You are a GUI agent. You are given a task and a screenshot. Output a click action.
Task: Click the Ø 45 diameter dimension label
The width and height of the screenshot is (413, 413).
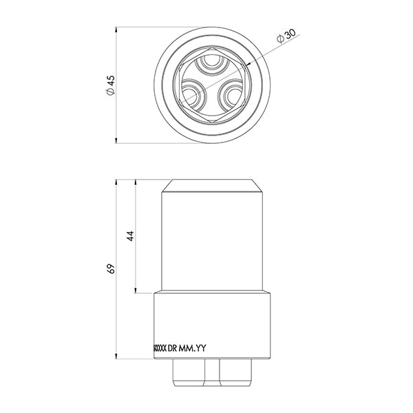(110, 85)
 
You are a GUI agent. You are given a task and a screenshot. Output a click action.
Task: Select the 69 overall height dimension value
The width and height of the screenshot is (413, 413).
(110, 268)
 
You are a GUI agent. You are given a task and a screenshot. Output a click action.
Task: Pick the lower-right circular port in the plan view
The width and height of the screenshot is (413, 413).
(231, 96)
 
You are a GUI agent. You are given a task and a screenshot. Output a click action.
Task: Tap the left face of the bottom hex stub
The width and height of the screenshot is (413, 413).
(189, 373)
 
